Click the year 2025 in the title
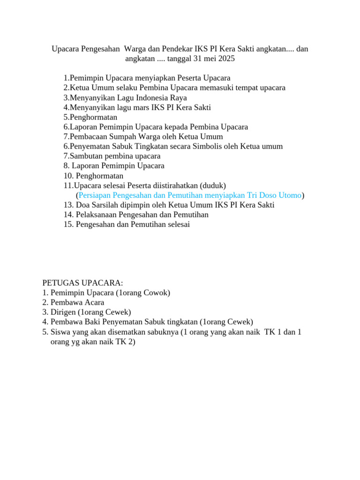(225, 59)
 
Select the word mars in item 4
(141, 107)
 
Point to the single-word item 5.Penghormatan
(90, 117)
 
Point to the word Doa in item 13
(83, 205)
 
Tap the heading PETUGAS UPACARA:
(82, 283)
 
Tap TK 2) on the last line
(125, 342)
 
